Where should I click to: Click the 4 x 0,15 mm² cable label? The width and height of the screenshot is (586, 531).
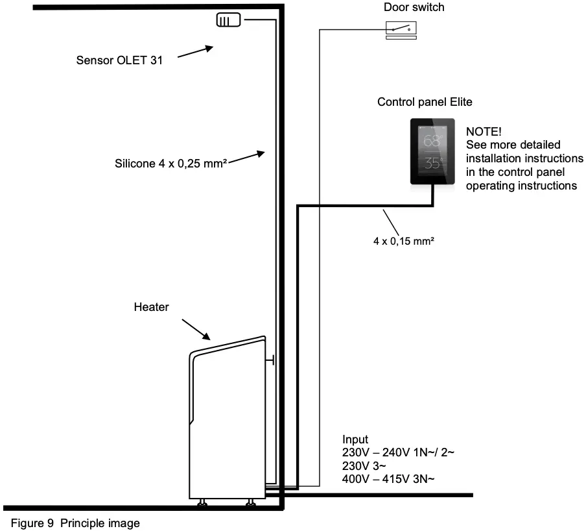(x=404, y=241)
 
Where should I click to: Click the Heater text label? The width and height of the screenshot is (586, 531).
(x=151, y=307)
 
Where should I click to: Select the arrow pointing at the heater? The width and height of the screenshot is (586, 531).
(x=196, y=329)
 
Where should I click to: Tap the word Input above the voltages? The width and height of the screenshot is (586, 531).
(x=355, y=440)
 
